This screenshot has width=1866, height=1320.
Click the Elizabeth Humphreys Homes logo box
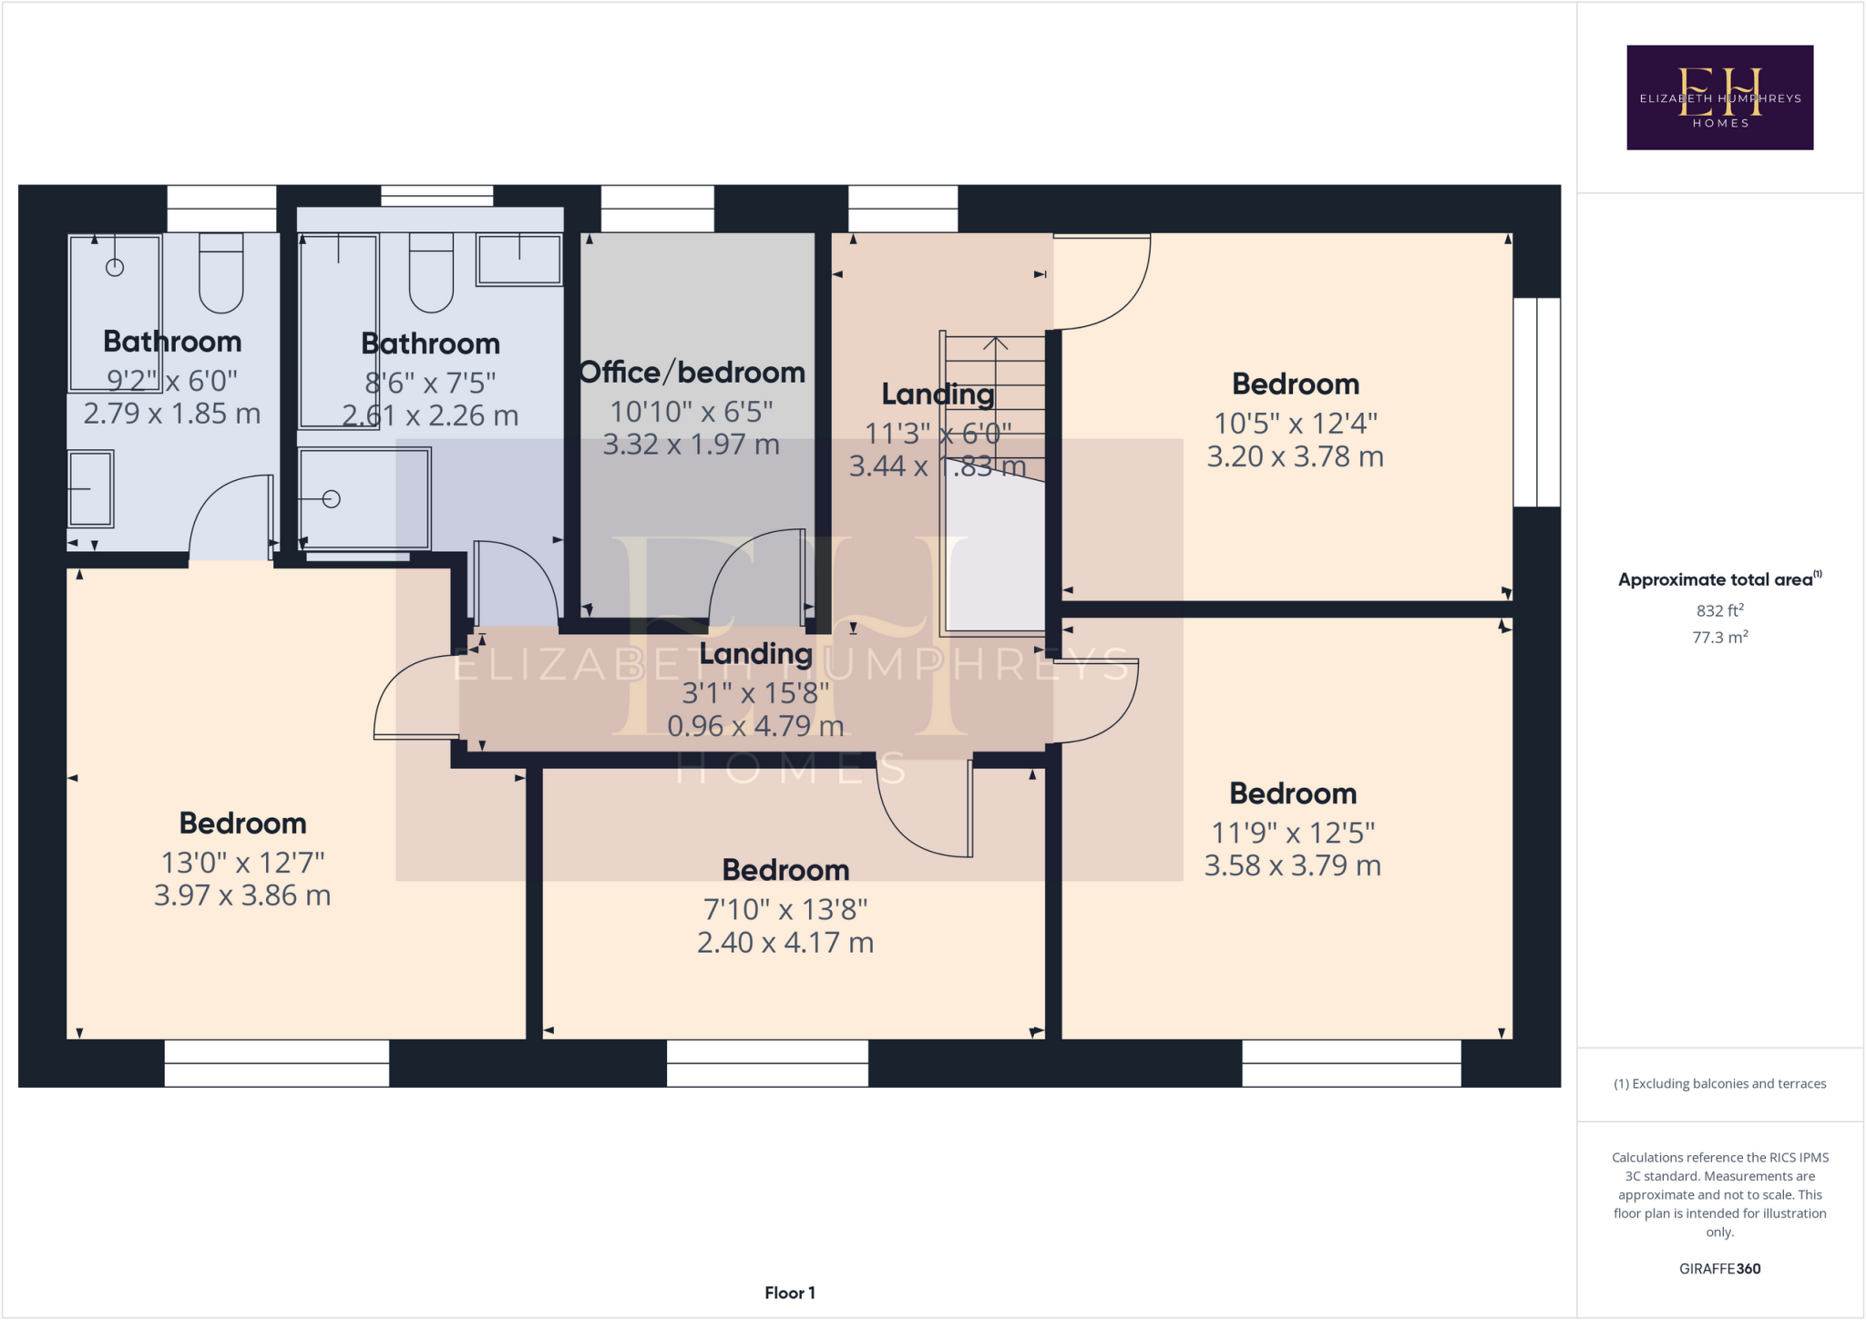tap(1719, 97)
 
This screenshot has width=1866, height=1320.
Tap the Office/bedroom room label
tap(692, 373)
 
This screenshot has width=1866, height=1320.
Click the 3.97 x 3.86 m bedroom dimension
tap(242, 895)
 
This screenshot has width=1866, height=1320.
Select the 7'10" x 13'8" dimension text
tap(785, 909)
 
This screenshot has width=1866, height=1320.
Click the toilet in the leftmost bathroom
tap(220, 273)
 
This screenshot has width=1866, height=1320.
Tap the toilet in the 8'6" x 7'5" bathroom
tap(431, 273)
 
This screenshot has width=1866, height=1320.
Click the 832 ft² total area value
tap(1719, 610)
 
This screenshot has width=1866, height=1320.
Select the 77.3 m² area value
tap(1719, 638)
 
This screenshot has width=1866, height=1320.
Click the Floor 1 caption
tap(789, 1293)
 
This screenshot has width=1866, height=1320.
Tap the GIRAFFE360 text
tap(1719, 1268)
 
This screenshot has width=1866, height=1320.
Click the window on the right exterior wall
tap(1537, 402)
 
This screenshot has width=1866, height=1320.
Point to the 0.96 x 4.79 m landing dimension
tap(755, 726)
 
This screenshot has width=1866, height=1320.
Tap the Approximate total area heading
tap(1717, 579)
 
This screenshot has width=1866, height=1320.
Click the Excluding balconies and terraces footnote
tap(1719, 1084)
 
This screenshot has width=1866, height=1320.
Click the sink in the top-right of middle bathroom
tap(519, 259)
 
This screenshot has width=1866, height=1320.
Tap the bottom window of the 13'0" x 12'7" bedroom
tap(276, 1063)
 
